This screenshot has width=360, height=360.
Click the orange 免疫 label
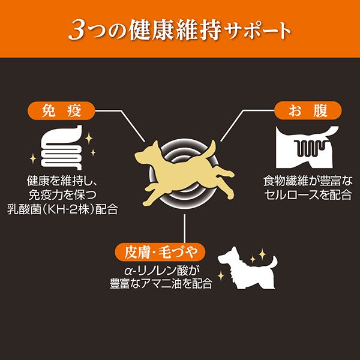(61, 110)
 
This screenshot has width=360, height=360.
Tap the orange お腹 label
(308, 110)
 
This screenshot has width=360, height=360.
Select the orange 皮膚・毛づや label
(160, 252)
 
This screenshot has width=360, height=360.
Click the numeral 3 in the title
(77, 31)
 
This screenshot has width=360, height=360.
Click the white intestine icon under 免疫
(62, 148)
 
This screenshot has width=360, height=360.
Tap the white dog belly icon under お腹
(307, 147)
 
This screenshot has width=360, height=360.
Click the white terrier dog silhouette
(247, 268)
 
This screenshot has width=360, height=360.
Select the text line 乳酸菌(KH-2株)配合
(62, 209)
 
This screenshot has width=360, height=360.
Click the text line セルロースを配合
(308, 195)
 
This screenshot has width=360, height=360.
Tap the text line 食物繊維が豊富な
(308, 181)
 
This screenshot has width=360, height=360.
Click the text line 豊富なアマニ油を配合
(161, 284)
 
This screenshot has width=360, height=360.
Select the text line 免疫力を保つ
(62, 195)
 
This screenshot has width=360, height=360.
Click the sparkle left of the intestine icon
(33, 158)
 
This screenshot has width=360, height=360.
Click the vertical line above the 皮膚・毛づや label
(184, 228)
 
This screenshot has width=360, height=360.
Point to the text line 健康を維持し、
(62, 181)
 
